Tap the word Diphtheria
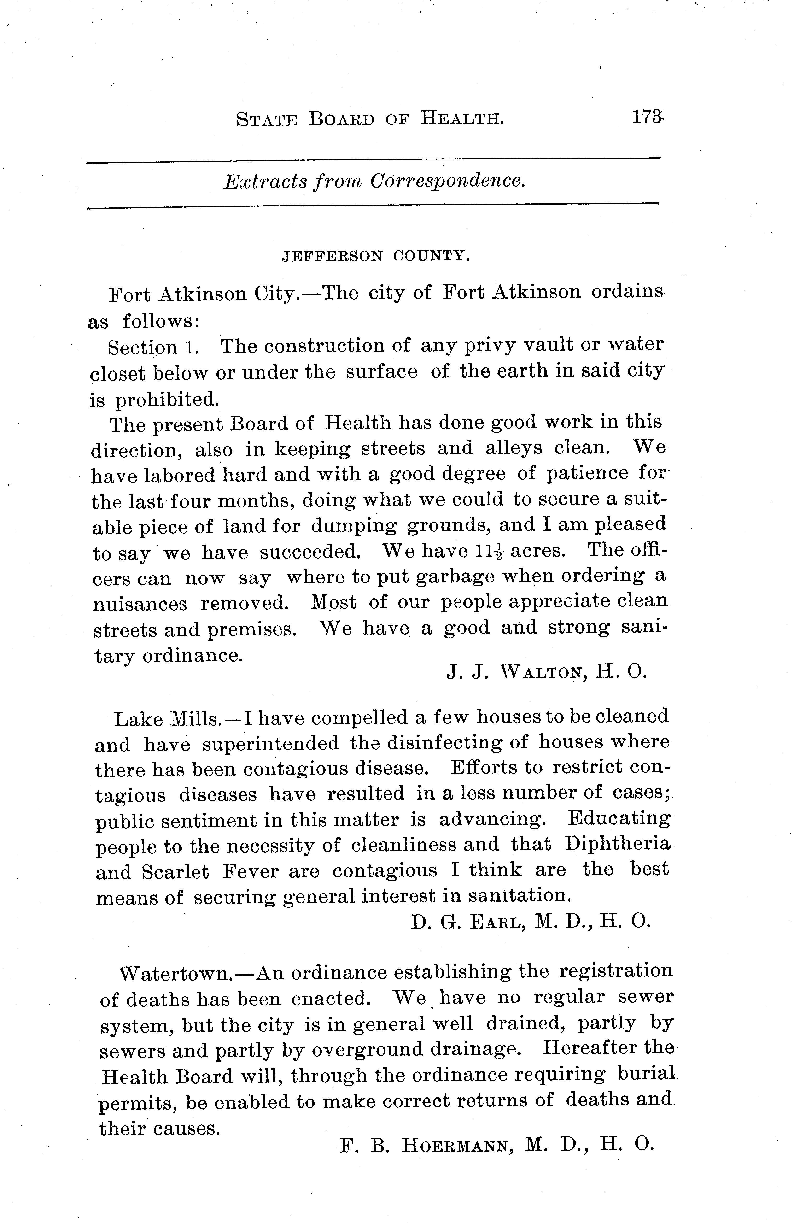(617, 844)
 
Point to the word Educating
(618, 817)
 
